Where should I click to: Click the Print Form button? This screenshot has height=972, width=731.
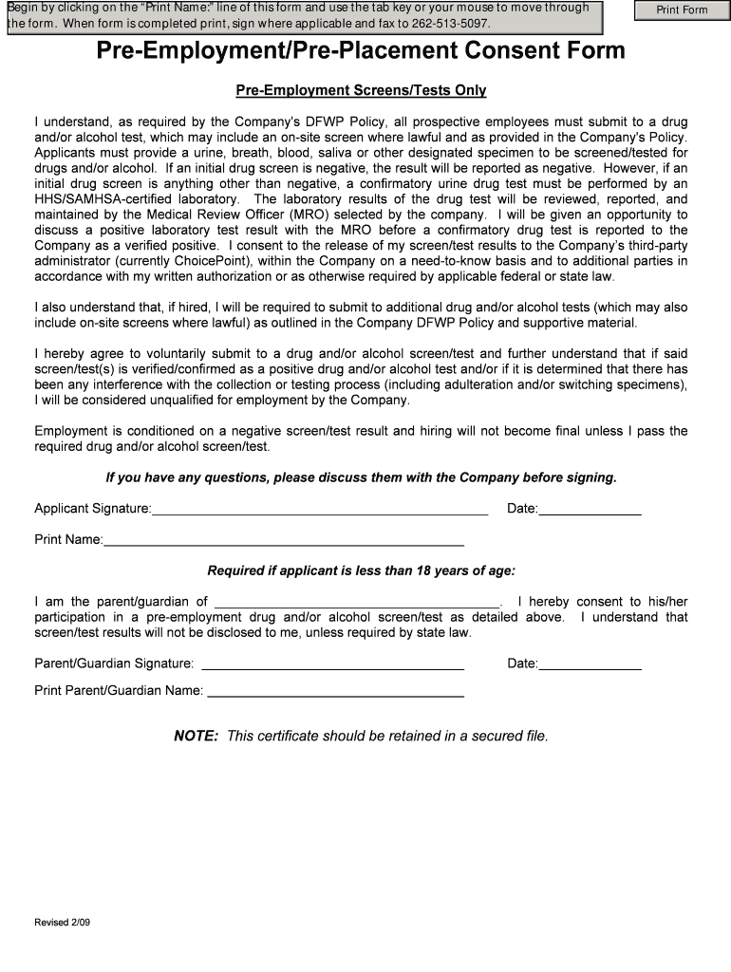tap(683, 10)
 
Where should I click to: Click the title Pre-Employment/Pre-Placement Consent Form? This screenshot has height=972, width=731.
tap(361, 51)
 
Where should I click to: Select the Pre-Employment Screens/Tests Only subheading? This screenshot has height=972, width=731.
tap(361, 91)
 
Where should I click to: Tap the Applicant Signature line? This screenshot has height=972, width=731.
tap(320, 509)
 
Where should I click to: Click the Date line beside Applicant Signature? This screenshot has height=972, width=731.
tap(590, 509)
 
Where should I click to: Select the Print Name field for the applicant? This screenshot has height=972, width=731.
tap(284, 540)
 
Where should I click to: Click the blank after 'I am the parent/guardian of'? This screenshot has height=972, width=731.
tap(357, 601)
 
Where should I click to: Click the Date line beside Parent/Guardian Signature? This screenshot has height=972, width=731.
tap(590, 664)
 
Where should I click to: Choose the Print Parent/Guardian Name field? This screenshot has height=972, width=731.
tap(335, 691)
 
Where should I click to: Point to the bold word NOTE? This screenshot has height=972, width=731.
tap(197, 737)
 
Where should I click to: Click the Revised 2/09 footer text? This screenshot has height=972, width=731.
tap(63, 923)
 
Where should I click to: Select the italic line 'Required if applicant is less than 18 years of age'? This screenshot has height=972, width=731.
tap(361, 571)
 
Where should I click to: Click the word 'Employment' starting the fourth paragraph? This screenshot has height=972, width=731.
tap(71, 431)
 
